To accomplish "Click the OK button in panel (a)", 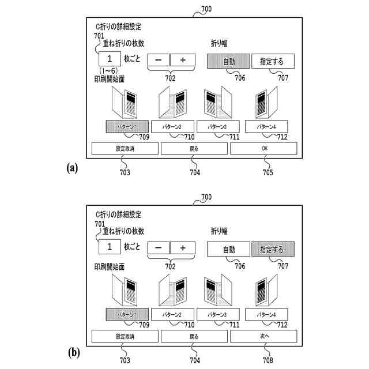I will pos(264,148).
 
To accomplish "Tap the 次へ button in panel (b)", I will pos(264,336).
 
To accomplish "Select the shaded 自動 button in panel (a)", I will pos(228,62).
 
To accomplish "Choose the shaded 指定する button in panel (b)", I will pos(272,249).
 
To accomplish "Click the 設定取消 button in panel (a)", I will pos(125,148).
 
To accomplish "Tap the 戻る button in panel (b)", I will pos(194,336).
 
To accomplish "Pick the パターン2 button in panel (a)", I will pos(172,126).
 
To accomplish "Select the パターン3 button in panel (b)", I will pos(218,314).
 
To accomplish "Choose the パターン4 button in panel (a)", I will pos(266,126).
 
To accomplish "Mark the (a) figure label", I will pos(72,167).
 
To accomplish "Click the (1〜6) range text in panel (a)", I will pos(110,71).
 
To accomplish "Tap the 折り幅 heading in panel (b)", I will pos(219,231).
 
